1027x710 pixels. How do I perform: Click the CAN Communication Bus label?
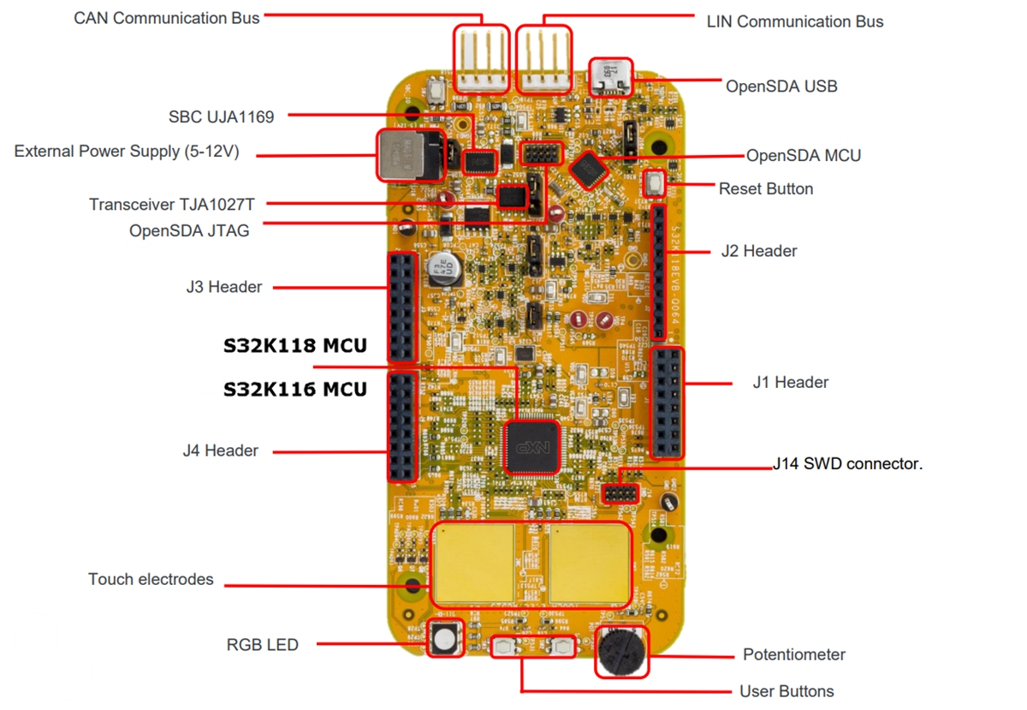point(167,17)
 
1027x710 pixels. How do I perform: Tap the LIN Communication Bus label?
point(794,21)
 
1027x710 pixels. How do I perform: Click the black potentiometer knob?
point(620,653)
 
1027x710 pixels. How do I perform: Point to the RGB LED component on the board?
point(444,638)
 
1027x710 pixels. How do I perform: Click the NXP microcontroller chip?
point(531,446)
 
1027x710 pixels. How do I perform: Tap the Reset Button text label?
point(765,188)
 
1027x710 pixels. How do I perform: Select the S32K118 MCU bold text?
point(295,346)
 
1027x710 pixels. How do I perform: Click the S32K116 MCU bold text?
point(295,390)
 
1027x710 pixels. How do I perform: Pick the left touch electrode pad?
point(473,563)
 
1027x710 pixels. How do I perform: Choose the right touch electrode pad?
point(589,563)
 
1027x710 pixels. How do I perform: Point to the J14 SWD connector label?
point(847,464)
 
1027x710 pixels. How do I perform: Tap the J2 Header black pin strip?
point(659,271)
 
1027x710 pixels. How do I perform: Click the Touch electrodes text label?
point(151,580)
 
